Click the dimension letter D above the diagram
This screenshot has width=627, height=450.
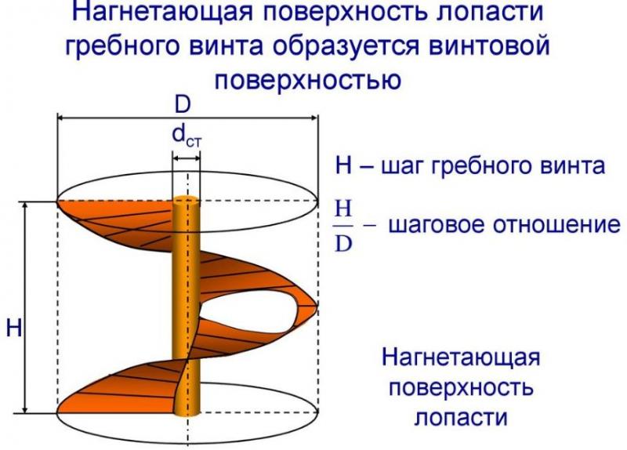(183, 105)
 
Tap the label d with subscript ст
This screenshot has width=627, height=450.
(187, 136)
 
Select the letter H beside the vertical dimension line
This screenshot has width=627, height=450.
(14, 328)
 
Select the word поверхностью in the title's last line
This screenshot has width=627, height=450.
(308, 79)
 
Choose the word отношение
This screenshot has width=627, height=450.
(556, 224)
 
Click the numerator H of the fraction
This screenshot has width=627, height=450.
(343, 209)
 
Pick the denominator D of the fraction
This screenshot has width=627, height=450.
(343, 243)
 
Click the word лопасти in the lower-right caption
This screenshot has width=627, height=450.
(461, 417)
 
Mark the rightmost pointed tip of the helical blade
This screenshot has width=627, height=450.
(317, 307)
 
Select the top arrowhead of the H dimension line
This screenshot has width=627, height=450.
(25, 205)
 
